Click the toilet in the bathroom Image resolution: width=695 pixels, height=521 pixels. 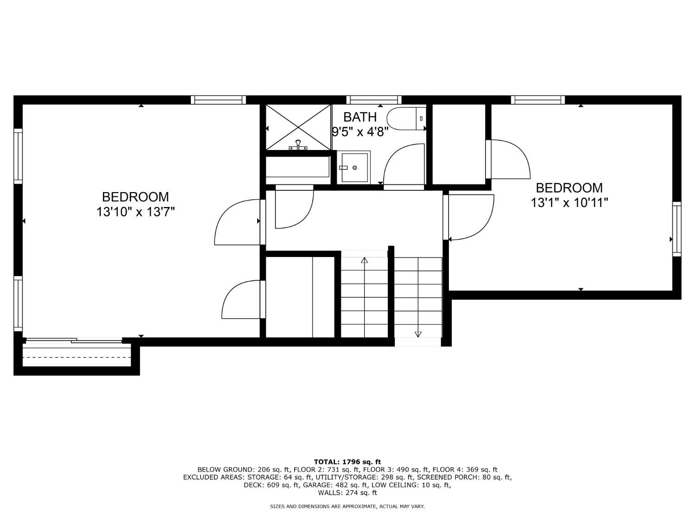pos(406,119)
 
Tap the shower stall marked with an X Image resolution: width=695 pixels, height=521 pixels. pos(298,127)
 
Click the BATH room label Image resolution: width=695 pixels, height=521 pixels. pos(360,117)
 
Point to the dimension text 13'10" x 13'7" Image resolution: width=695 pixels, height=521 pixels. pos(135,212)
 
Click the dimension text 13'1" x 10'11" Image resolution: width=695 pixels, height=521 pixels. pos(569,203)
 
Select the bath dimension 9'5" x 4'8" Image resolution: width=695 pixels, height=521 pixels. pos(360,132)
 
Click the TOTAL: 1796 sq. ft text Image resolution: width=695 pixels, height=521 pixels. pos(347,462)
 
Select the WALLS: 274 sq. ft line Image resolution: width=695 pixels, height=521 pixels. pos(347,493)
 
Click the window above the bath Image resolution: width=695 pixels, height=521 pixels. pos(374,100)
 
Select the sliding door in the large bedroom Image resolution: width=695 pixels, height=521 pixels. pos(74,340)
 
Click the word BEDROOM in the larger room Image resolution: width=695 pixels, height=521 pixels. pos(135,197)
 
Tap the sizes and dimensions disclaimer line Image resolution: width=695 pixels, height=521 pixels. pos(347,507)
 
